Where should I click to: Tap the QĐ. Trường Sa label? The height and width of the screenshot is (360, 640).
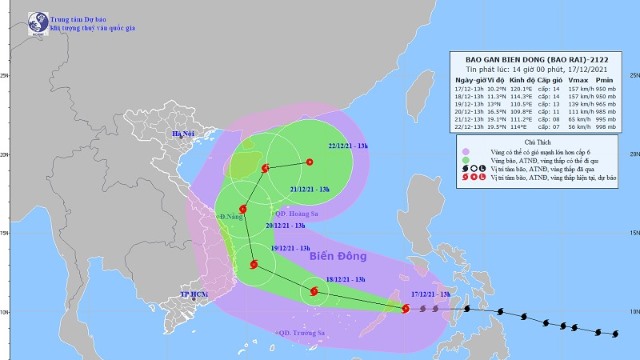coord(300,332)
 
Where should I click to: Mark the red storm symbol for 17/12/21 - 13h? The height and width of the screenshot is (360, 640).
coord(405,309)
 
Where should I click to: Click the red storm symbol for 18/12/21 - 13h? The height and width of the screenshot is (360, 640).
coord(315,293)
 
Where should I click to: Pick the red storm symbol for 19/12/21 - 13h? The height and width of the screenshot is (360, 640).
coord(254,266)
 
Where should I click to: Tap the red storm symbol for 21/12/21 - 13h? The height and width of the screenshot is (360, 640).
coord(265,168)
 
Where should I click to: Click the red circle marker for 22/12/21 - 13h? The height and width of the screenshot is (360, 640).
coord(309,162)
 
